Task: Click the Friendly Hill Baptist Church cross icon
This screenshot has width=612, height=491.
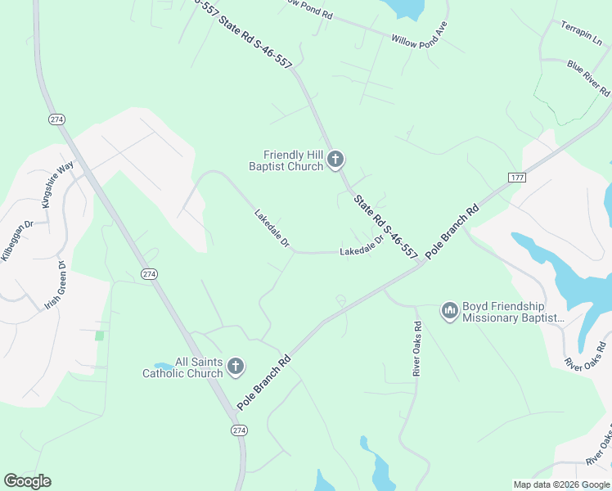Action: pyautogui.click(x=335, y=160)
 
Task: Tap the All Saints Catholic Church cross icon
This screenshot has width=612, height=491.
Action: pyautogui.click(x=236, y=367)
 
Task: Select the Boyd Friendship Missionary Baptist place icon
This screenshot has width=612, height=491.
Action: pyautogui.click(x=449, y=311)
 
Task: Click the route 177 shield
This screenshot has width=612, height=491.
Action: pyautogui.click(x=516, y=178)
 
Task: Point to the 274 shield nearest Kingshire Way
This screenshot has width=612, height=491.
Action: pyautogui.click(x=56, y=119)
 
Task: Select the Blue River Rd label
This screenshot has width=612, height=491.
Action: pyautogui.click(x=588, y=75)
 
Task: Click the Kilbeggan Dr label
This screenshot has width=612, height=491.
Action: pyautogui.click(x=17, y=240)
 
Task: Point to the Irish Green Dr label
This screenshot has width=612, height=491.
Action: pyautogui.click(x=54, y=286)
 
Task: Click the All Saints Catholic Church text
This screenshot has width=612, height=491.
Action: pyautogui.click(x=182, y=367)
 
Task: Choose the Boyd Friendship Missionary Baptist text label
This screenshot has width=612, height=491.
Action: pyautogui.click(x=514, y=312)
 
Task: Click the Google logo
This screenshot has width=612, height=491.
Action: pyautogui.click(x=27, y=481)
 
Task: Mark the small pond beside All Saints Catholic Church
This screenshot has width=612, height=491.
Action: pyautogui.click(x=163, y=366)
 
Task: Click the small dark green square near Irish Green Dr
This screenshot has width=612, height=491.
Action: pyautogui.click(x=99, y=336)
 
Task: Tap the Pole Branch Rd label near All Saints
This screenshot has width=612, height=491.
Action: pyautogui.click(x=263, y=382)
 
